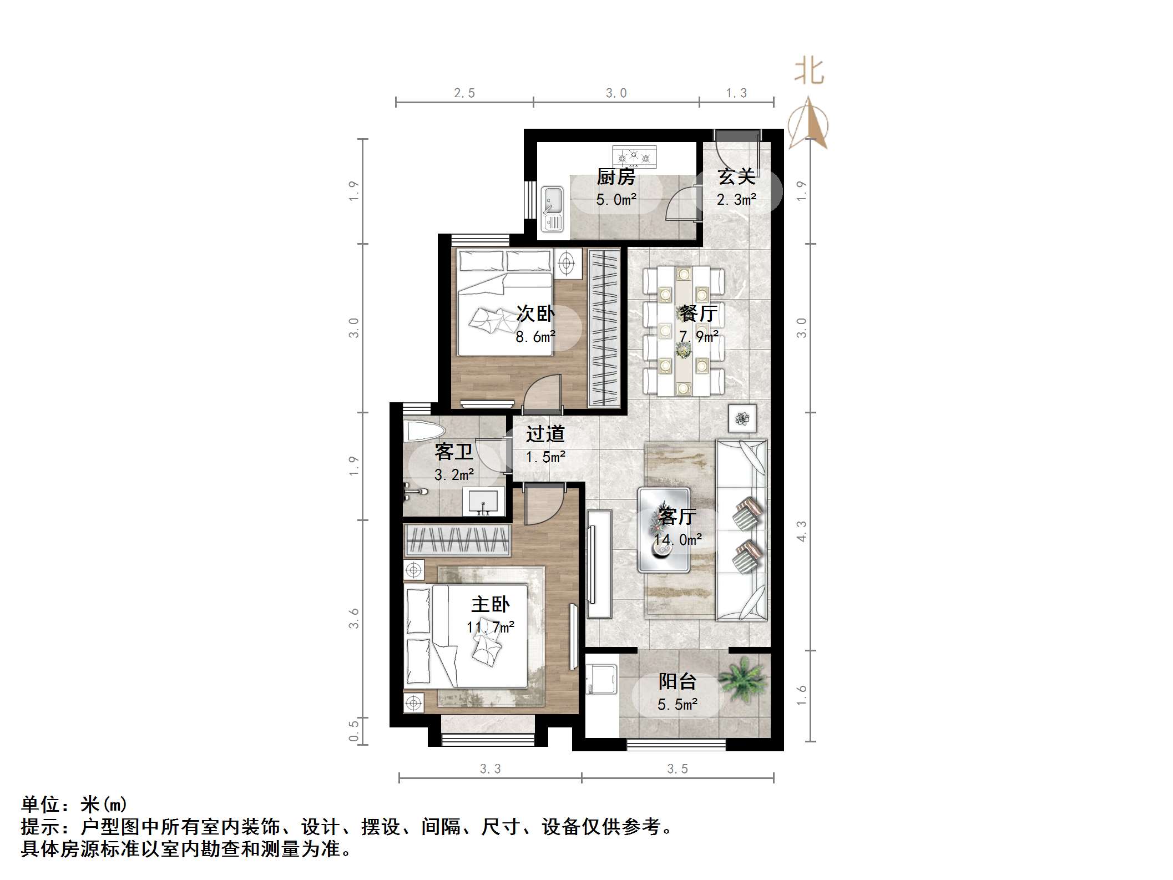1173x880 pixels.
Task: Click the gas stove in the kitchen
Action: [634, 157]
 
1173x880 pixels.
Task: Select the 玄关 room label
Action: [736, 177]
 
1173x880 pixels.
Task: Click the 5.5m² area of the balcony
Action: [677, 705]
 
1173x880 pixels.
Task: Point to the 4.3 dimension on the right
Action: [802, 531]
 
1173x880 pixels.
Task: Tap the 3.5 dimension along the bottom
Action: [677, 768]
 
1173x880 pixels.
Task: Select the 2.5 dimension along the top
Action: [464, 93]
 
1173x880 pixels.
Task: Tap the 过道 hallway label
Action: [545, 434]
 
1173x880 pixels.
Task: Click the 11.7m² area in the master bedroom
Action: [491, 628]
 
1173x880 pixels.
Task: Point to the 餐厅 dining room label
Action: [699, 313]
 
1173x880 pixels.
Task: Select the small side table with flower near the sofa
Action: [742, 418]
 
